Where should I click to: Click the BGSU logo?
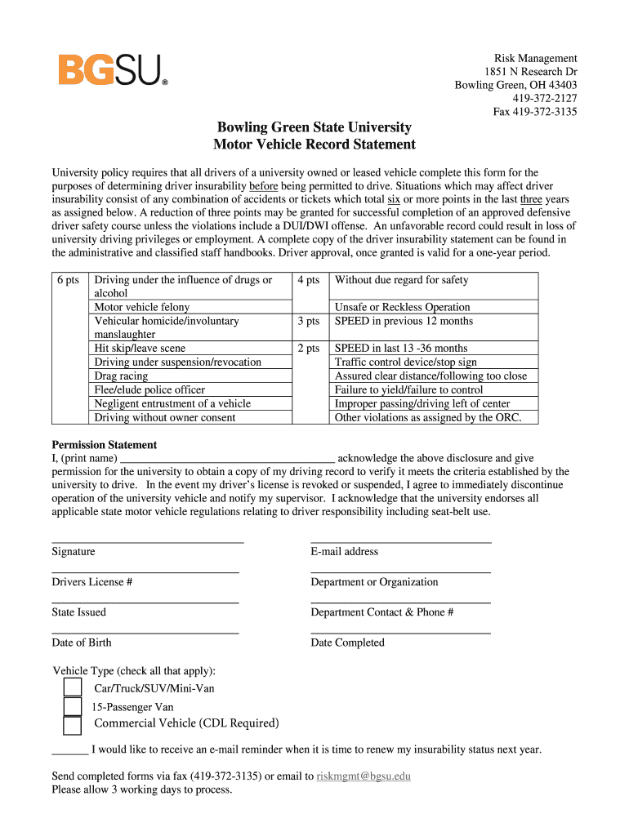pyautogui.click(x=113, y=70)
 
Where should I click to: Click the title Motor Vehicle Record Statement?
pyautogui.click(x=314, y=145)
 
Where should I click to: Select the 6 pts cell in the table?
pyautogui.click(x=69, y=280)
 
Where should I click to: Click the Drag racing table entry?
pyautogui.click(x=122, y=376)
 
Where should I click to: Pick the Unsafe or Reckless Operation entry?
pyautogui.click(x=403, y=307)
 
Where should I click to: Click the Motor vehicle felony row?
pyautogui.click(x=142, y=307)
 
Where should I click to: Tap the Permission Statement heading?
pyautogui.click(x=105, y=445)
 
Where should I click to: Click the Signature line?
pyautogui.click(x=148, y=541)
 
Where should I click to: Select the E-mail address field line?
pyautogui.click(x=401, y=541)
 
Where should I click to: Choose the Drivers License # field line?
pyautogui.click(x=145, y=572)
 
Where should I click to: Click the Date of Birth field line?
pyautogui.click(x=145, y=633)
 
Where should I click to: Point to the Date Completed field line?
pyautogui.click(x=401, y=633)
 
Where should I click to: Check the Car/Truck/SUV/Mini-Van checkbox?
pyautogui.click(x=73, y=687)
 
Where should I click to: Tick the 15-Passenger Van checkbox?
pyautogui.click(x=73, y=707)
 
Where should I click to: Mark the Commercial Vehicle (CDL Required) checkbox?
pyautogui.click(x=73, y=726)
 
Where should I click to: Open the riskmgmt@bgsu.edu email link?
pyautogui.click(x=364, y=776)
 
